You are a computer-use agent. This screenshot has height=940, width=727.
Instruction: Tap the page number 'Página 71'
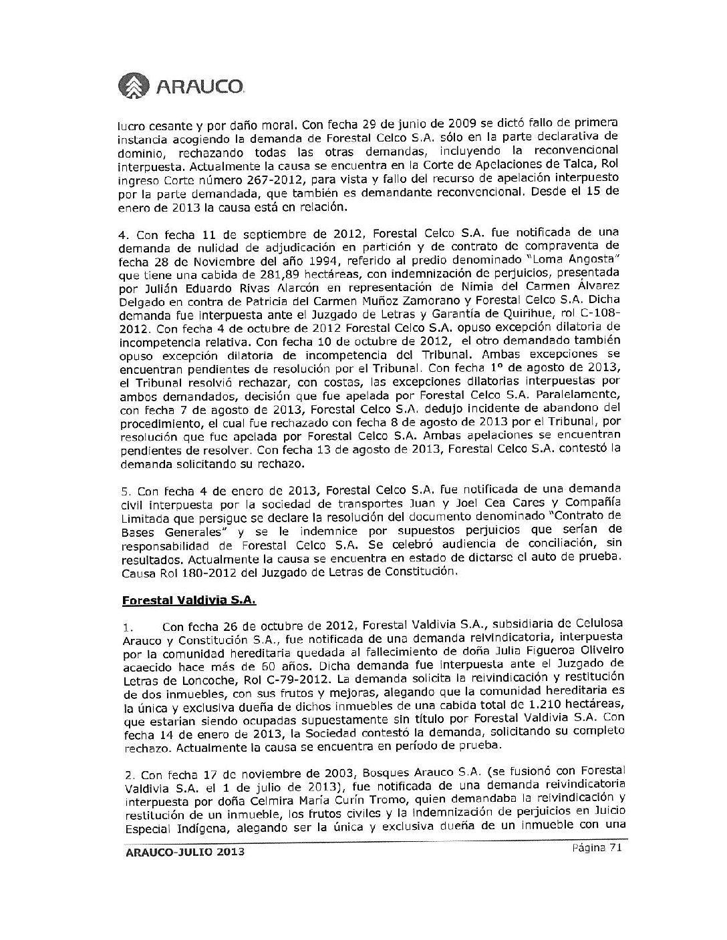[x=597, y=847]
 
